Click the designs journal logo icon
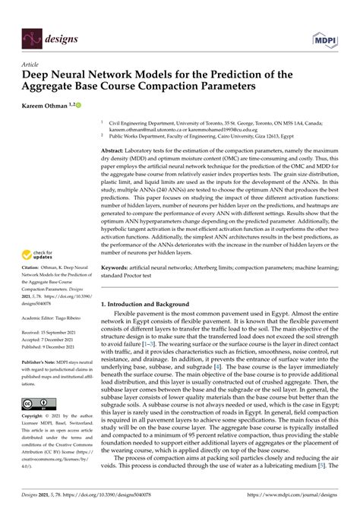(32, 36)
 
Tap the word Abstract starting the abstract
(115, 151)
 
